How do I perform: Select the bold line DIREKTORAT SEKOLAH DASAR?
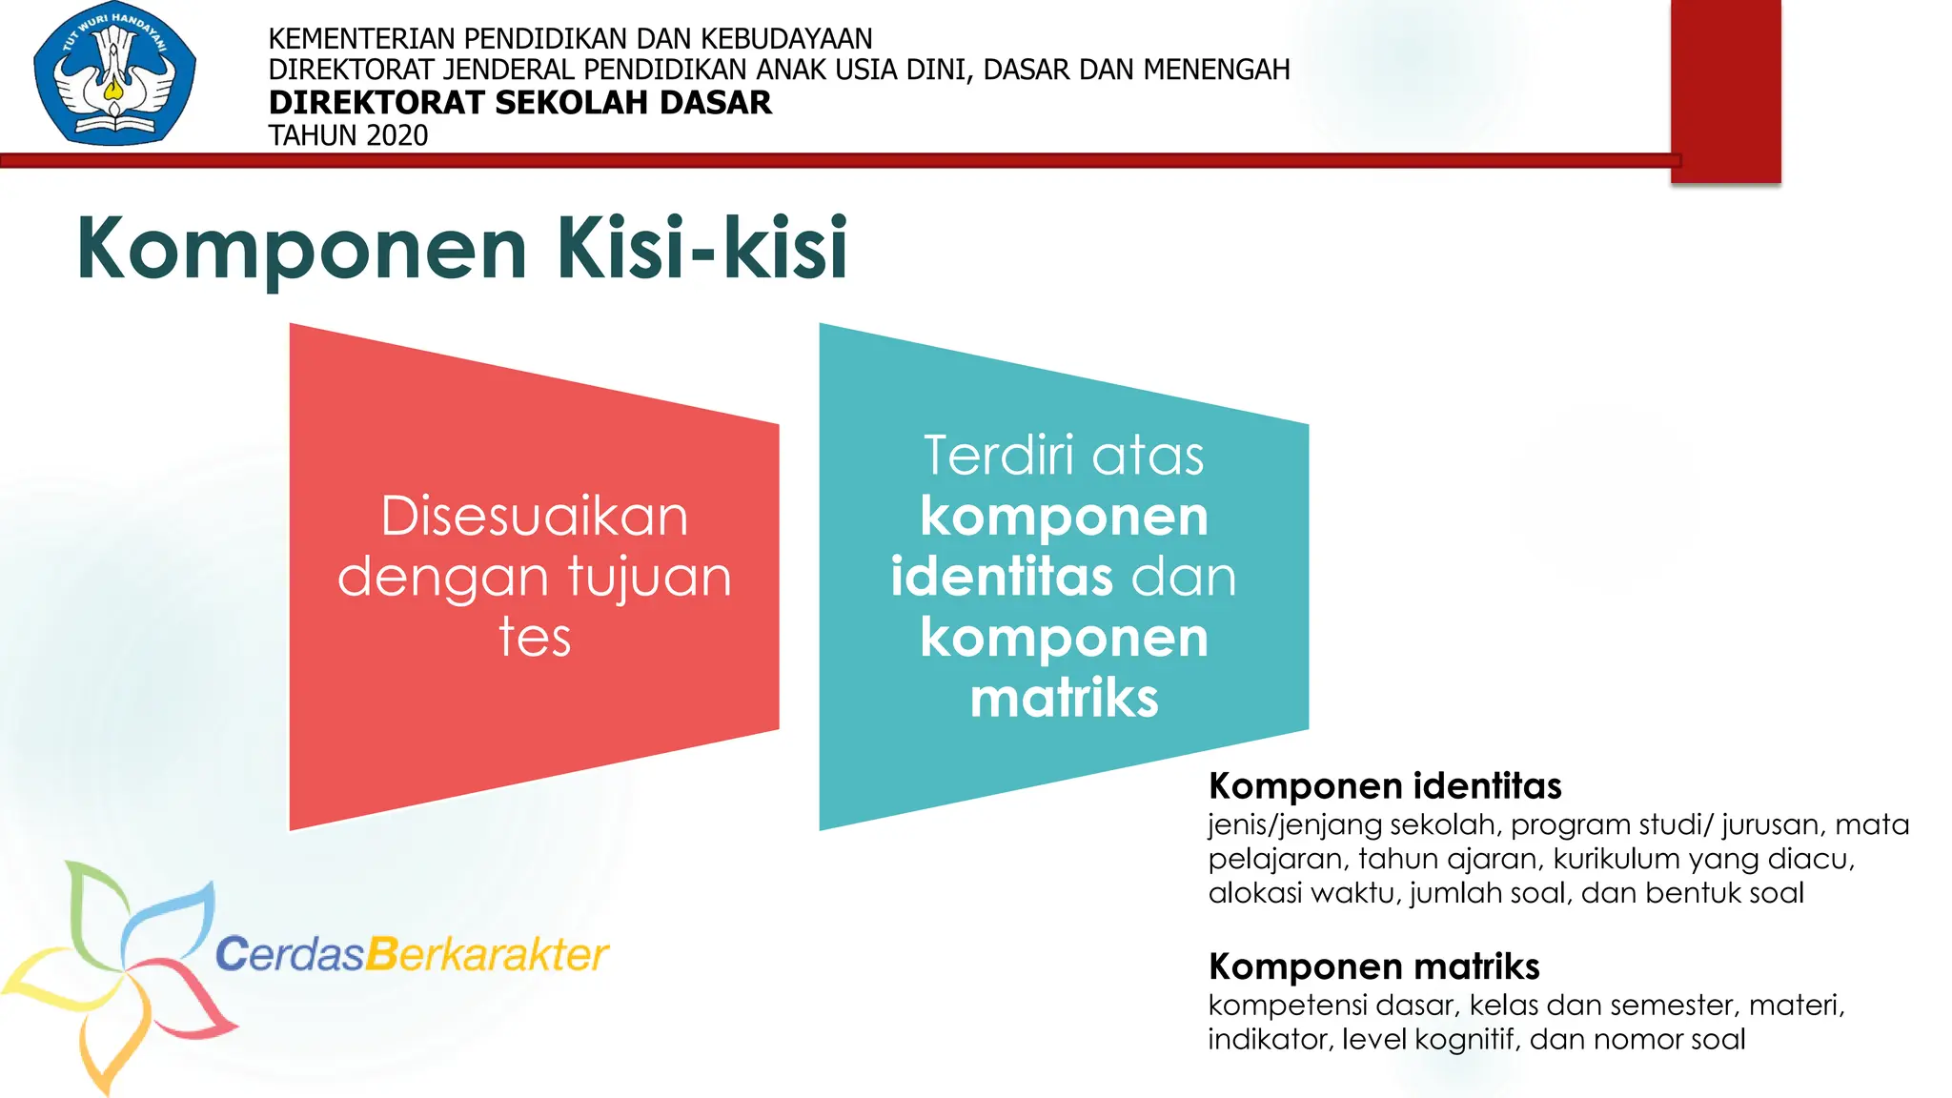tap(519, 102)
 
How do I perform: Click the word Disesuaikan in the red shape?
tap(534, 517)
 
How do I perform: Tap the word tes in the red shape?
tap(534, 638)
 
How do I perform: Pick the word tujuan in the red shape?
tap(649, 577)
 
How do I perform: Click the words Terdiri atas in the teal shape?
tap(1064, 456)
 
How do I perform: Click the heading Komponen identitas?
tap(1384, 786)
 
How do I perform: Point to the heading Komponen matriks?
tap(1373, 966)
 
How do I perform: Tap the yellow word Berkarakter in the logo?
tap(487, 954)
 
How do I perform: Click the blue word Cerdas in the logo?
tap(290, 954)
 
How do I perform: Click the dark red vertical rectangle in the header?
tap(1725, 91)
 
